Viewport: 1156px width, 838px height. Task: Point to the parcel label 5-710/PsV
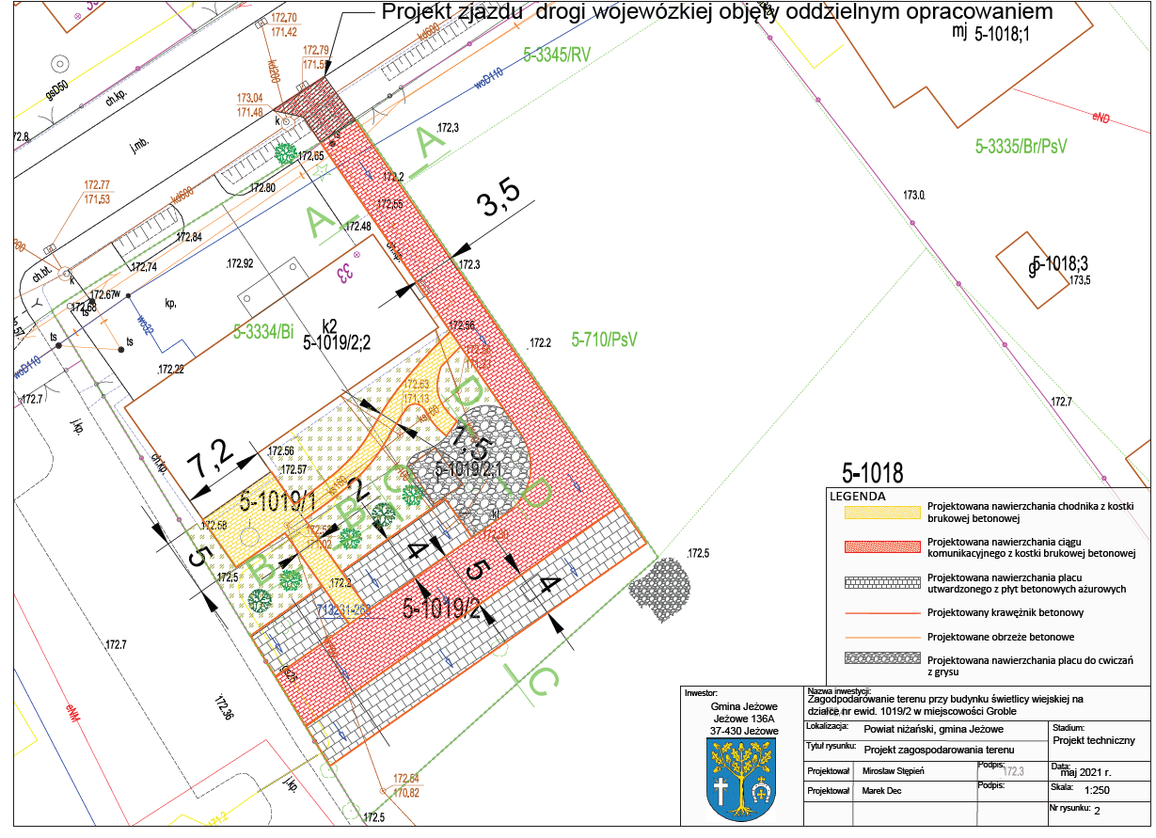pyautogui.click(x=605, y=340)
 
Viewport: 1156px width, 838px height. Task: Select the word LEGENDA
pyautogui.click(x=857, y=496)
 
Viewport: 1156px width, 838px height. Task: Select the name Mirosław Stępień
pyautogui.click(x=900, y=770)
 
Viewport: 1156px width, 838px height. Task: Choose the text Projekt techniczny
pyautogui.click(x=1100, y=740)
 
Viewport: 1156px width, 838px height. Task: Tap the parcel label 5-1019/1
pyautogui.click(x=277, y=500)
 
